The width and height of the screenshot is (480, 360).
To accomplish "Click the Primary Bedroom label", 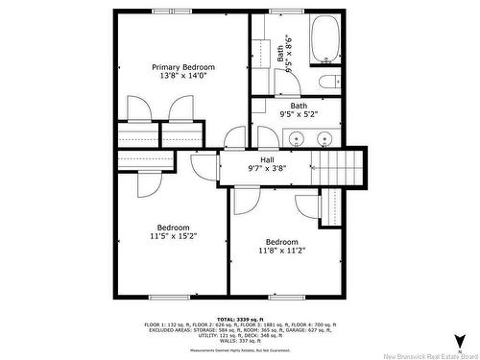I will pyautogui.click(x=183, y=67).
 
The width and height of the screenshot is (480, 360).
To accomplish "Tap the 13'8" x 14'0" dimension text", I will pyautogui.click(x=183, y=77).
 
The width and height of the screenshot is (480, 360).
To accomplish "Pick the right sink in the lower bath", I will pyautogui.click(x=323, y=139).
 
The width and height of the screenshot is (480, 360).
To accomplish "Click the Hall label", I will pyautogui.click(x=267, y=158).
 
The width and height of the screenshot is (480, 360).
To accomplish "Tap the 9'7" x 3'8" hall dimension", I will pyautogui.click(x=267, y=168).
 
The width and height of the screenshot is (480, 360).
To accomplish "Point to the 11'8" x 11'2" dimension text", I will pyautogui.click(x=281, y=251).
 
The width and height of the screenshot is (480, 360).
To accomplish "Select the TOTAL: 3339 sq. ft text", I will pyautogui.click(x=239, y=318).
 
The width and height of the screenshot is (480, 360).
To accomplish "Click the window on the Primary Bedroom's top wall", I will pyautogui.click(x=165, y=12).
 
